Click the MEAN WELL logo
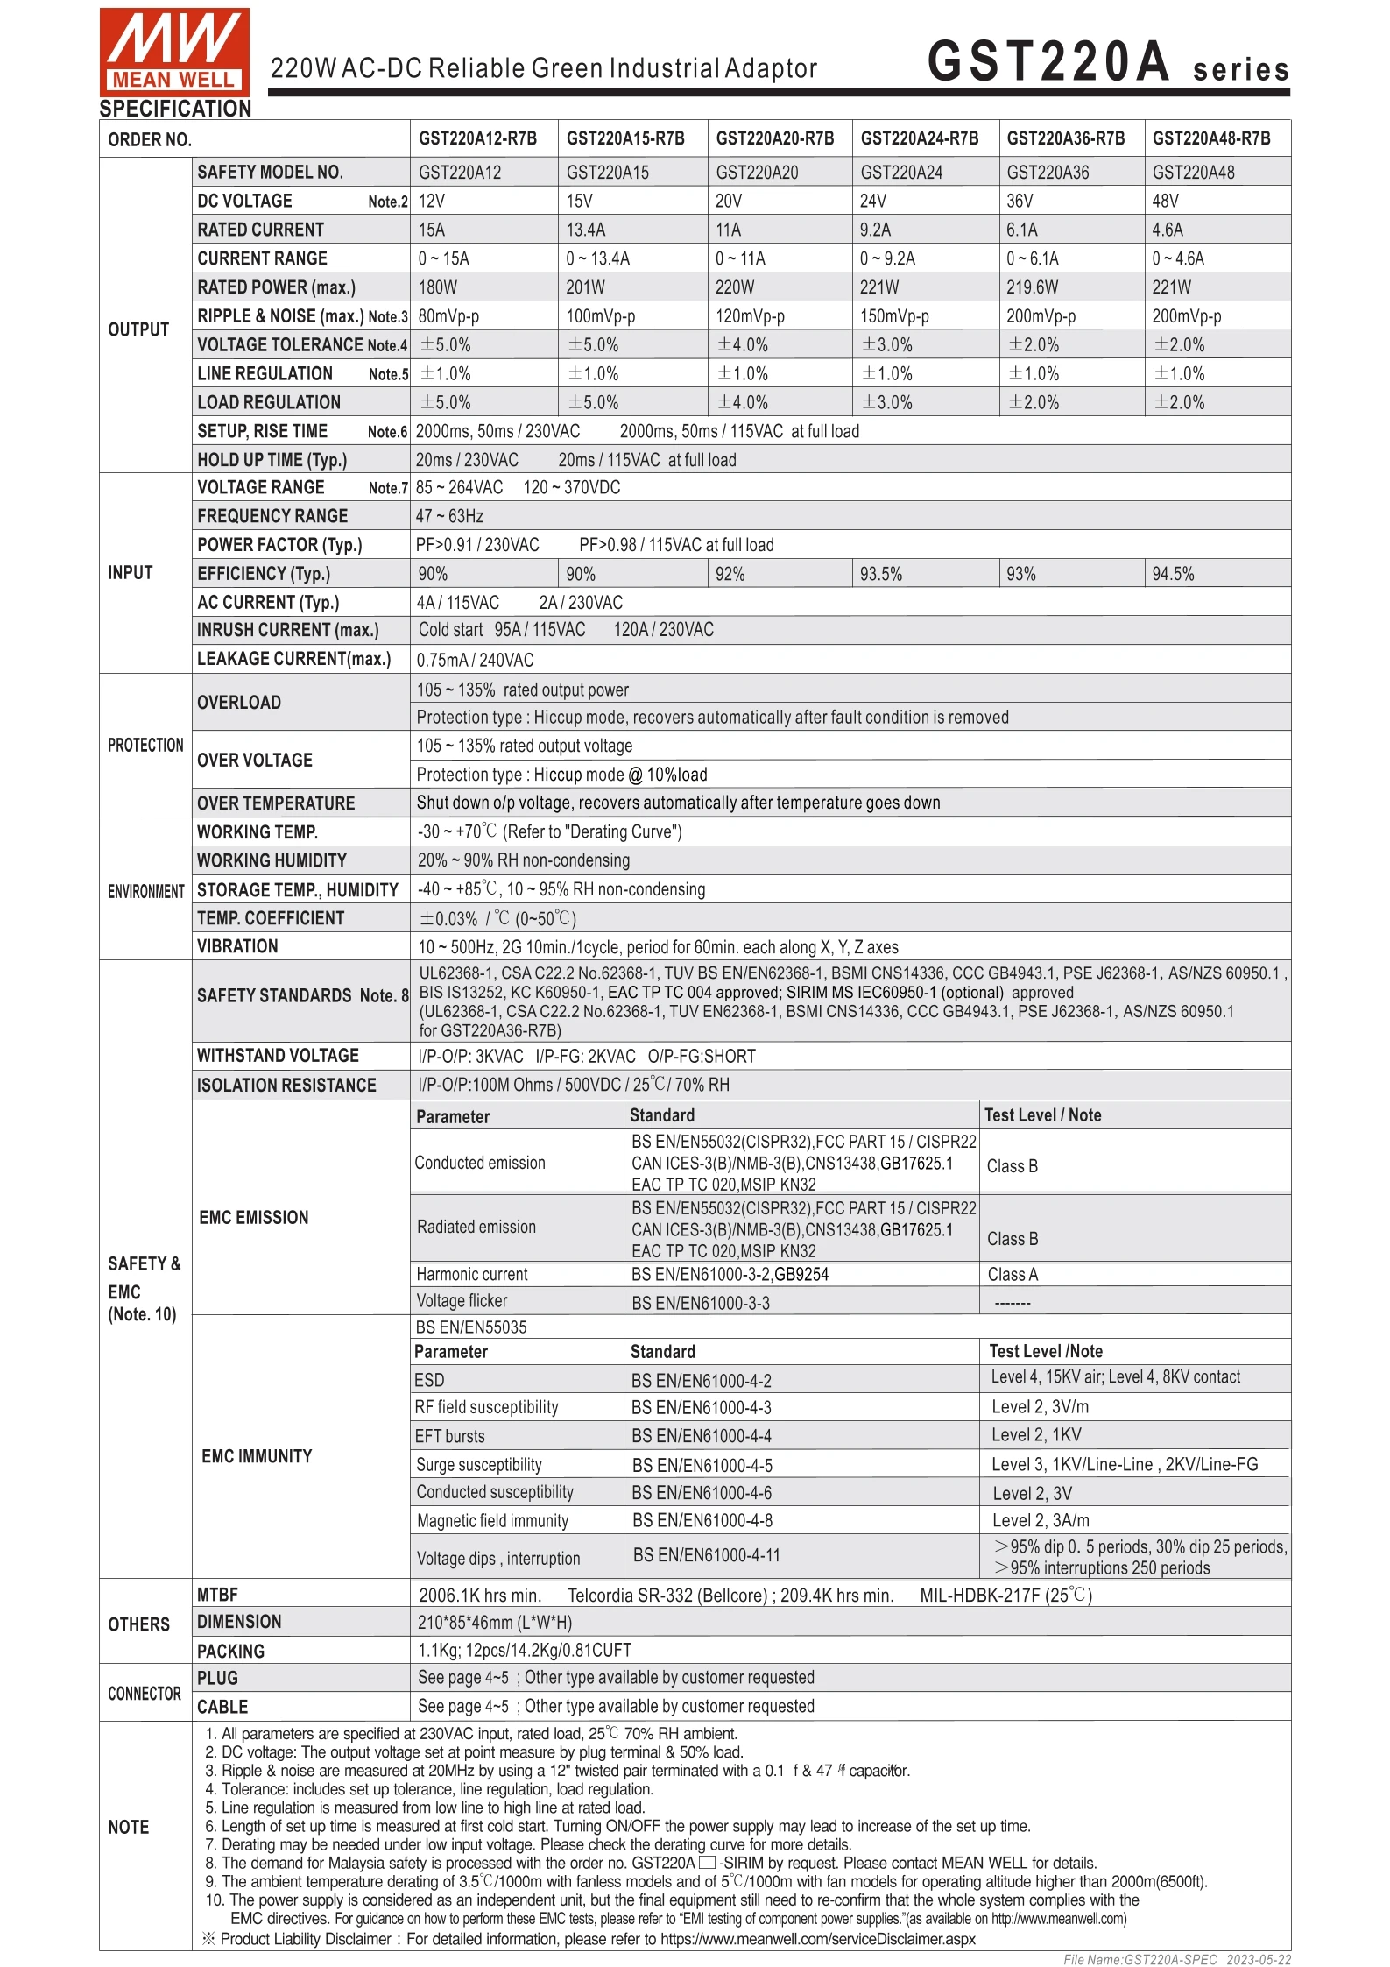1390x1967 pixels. [174, 51]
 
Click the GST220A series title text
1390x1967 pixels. [1107, 63]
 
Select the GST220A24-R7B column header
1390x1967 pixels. [919, 138]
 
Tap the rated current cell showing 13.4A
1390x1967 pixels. [586, 230]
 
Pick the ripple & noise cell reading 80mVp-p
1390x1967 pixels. [448, 316]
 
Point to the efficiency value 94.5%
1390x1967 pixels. [1173, 574]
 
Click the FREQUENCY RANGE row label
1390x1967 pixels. [272, 516]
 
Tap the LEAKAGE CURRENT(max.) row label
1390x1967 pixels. [293, 659]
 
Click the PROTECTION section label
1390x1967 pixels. [145, 745]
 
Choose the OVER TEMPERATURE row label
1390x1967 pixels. [276, 803]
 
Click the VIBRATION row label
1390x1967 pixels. [237, 946]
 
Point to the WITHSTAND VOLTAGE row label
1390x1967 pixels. [278, 1056]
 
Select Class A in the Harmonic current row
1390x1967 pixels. [1013, 1275]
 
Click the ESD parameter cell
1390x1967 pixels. [429, 1381]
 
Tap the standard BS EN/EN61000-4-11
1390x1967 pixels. [706, 1555]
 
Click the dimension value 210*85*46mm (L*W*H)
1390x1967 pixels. [494, 1622]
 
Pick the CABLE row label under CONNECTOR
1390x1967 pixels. [222, 1706]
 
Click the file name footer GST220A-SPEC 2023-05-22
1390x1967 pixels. [1176, 1959]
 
